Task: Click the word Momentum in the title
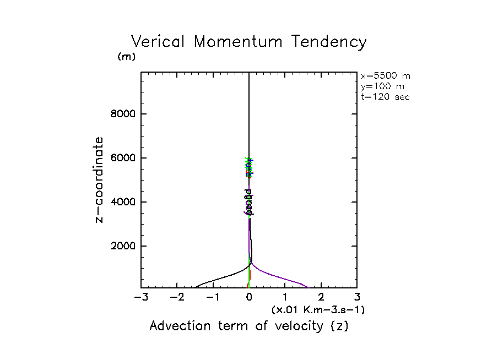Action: [240, 42]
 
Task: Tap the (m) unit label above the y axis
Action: [126, 57]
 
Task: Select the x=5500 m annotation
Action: [386, 76]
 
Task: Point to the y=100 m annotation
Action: [381, 86]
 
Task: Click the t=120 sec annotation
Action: [385, 96]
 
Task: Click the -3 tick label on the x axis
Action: [141, 298]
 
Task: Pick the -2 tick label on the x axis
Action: [177, 298]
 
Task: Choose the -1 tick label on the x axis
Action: [213, 298]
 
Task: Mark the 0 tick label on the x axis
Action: [249, 298]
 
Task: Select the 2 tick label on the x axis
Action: [321, 298]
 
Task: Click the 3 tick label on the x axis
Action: [356, 298]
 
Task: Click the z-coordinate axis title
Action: [100, 180]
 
